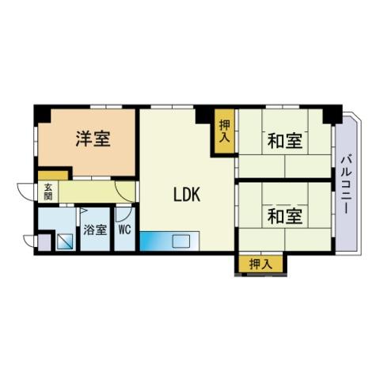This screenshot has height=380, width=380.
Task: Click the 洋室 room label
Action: pyautogui.click(x=93, y=139)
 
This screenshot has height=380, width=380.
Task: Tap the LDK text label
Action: pyautogui.click(x=187, y=194)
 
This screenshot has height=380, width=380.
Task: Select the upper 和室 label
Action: pyautogui.click(x=285, y=141)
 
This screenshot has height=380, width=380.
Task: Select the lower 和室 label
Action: pyautogui.click(x=285, y=216)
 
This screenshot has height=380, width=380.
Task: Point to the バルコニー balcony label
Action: pyautogui.click(x=346, y=184)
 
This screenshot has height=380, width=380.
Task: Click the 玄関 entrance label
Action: pyautogui.click(x=48, y=192)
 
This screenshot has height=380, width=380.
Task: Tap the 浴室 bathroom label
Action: pyautogui.click(x=95, y=230)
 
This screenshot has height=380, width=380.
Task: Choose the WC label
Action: pyautogui.click(x=125, y=230)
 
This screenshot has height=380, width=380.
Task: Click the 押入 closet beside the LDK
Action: pyautogui.click(x=224, y=131)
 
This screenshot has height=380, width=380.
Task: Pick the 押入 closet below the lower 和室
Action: pyautogui.click(x=260, y=264)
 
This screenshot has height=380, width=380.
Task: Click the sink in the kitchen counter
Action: pyautogui.click(x=181, y=241)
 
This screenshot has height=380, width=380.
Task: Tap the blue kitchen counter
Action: pyautogui.click(x=169, y=241)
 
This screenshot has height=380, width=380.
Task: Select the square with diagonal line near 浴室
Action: pyautogui.click(x=65, y=241)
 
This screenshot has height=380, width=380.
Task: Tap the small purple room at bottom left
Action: pyautogui.click(x=44, y=242)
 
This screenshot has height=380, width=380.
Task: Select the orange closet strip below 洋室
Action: pyautogui.click(x=53, y=176)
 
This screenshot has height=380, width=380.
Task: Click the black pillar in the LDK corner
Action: pyautogui.click(x=203, y=114)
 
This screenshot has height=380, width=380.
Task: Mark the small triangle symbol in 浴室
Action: pyautogui.click(x=83, y=211)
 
